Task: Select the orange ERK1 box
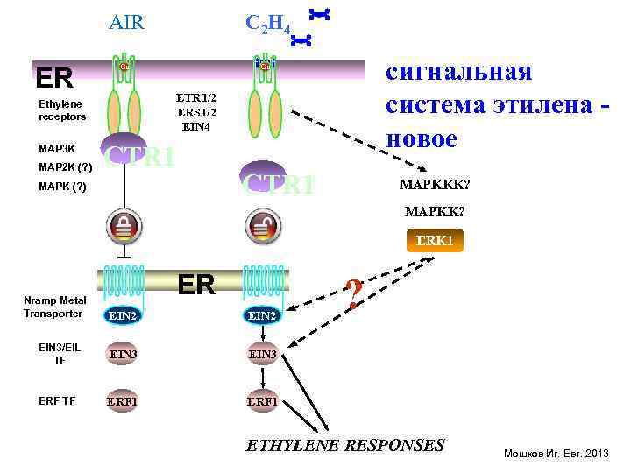point(435,240)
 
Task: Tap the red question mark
point(352,293)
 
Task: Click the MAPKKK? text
point(434,185)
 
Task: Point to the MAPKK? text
point(435,212)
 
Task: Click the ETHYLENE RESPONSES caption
point(345,445)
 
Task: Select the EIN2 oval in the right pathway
point(263,314)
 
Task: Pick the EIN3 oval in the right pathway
point(263,354)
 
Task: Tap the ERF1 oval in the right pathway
point(263,401)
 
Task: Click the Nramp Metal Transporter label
point(55,307)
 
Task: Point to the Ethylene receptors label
point(62,110)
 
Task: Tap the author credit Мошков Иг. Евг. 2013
point(555,453)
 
